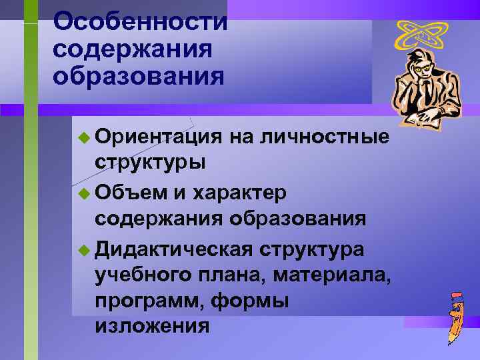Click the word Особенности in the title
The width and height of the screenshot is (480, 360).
[141, 21]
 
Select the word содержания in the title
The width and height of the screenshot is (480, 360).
[133, 49]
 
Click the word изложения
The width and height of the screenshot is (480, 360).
[153, 326]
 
